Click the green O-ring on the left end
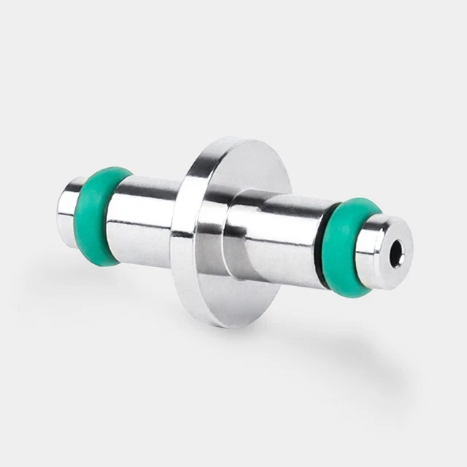(96, 216)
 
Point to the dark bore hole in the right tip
(396, 252)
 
